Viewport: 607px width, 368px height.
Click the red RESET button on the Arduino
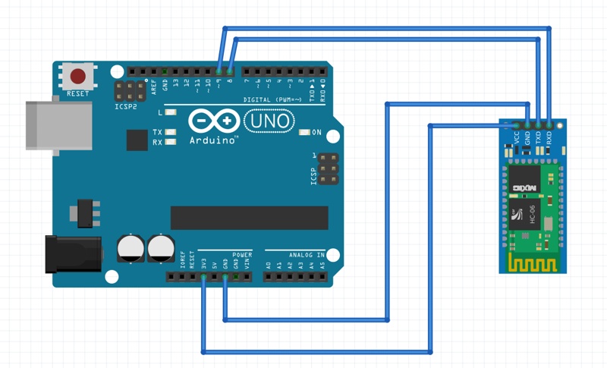[x=78, y=77]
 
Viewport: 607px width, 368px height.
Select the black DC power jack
[x=72, y=253]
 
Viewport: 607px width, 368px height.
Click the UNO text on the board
[x=268, y=121]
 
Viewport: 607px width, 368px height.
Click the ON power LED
[x=304, y=133]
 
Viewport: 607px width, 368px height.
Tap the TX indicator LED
[x=171, y=133]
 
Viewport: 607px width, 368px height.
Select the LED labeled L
[x=171, y=112]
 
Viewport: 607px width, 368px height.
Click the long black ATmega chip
[x=249, y=217]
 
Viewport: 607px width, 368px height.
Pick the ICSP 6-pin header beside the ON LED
[x=329, y=169]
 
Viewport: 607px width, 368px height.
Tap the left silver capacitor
[x=131, y=248]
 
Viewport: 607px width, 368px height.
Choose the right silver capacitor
[x=161, y=248]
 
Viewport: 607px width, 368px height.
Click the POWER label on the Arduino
[x=242, y=256]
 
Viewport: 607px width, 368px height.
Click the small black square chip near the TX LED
[x=137, y=140]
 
